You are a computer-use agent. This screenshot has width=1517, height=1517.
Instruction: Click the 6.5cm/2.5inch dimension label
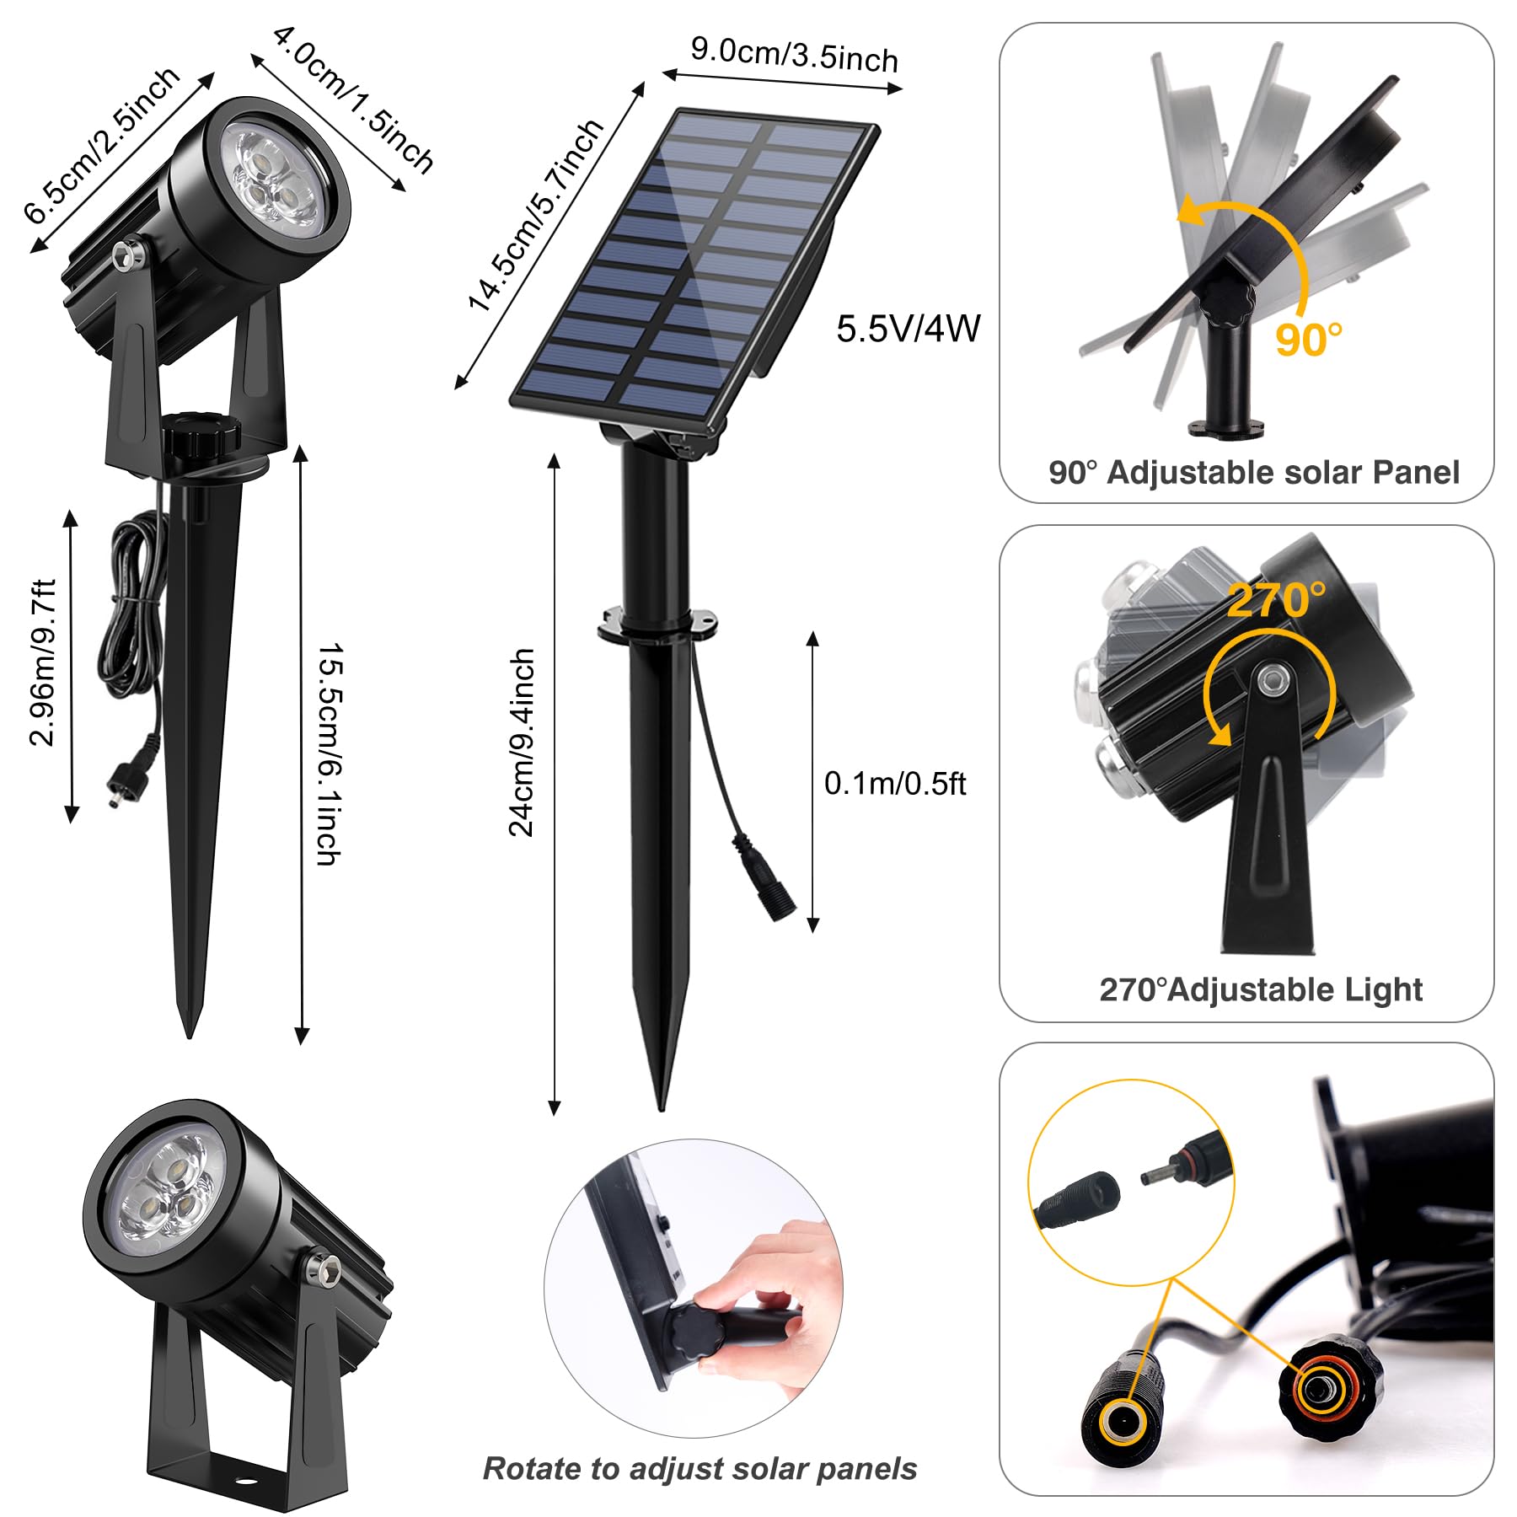point(102,145)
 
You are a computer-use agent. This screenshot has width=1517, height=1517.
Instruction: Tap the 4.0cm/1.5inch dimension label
point(353,99)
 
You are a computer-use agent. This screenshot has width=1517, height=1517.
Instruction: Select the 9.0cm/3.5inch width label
point(794,55)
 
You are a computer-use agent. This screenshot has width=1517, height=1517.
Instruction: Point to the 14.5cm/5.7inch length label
point(537,215)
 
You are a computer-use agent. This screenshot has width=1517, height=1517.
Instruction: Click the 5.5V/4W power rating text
point(908,329)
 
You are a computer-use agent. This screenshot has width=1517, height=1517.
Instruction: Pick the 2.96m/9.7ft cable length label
point(42,662)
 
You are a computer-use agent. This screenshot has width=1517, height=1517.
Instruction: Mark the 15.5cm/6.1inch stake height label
point(330,754)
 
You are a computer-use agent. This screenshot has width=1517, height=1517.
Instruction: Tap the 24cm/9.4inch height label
point(522,742)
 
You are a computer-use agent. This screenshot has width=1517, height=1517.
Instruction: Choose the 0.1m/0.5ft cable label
point(894,784)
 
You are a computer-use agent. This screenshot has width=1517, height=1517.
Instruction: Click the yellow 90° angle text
point(1307,339)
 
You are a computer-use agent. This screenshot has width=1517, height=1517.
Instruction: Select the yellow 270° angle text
point(1275,601)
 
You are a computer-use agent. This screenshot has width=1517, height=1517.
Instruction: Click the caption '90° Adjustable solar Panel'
point(1253,473)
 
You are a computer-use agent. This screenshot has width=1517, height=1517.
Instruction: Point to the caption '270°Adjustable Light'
point(1261,989)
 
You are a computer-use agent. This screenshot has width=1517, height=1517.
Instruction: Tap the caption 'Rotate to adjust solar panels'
point(700,1468)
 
